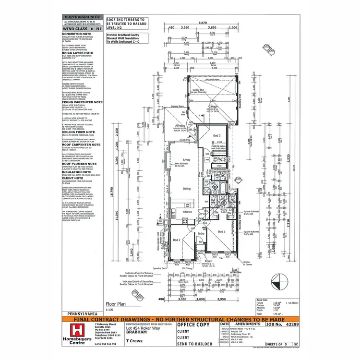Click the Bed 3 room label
217,136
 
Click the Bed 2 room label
176,240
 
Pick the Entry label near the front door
201,234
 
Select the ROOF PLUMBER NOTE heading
80,164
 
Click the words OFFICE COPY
193,325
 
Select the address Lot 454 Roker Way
144,329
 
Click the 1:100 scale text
109,309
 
